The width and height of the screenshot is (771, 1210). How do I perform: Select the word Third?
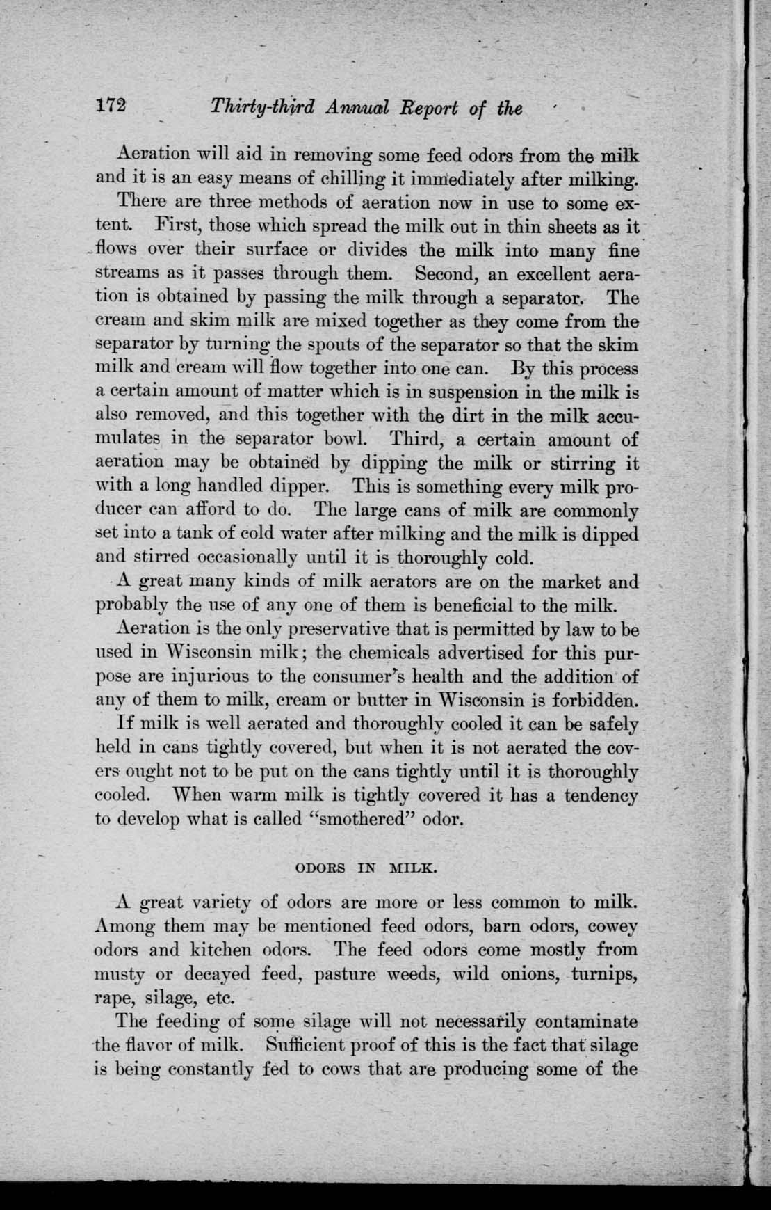[414, 440]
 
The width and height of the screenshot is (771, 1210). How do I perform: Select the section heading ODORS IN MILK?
[366, 868]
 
